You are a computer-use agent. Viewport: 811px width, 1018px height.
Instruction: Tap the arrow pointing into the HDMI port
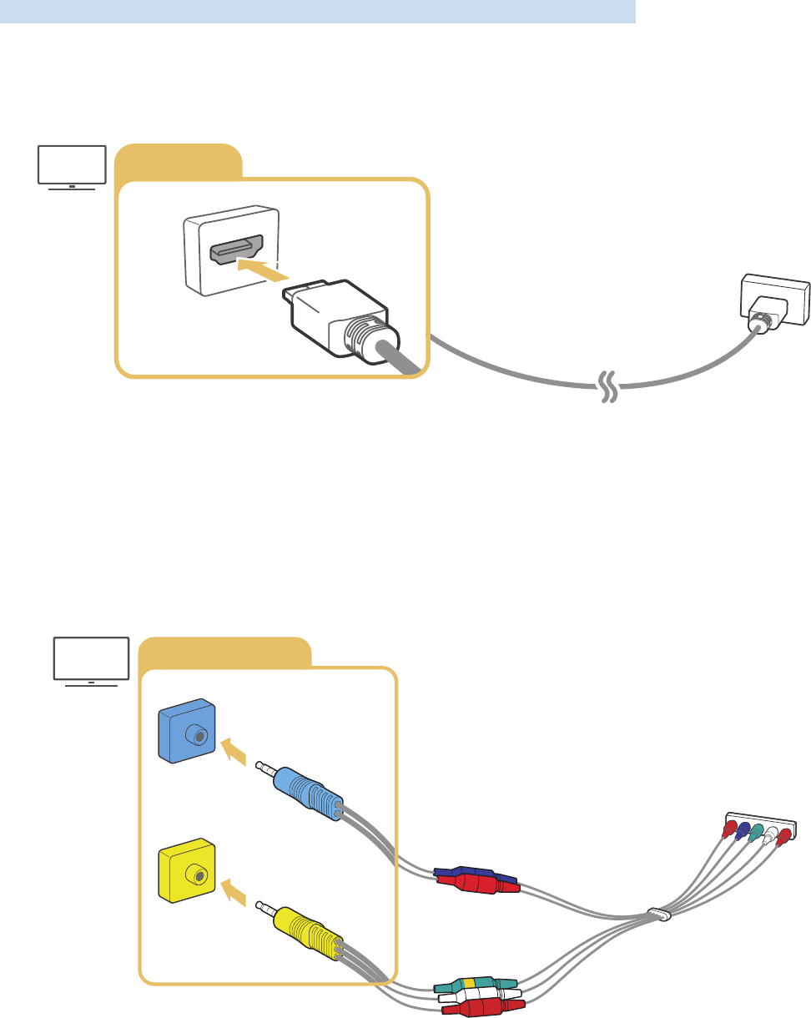tap(263, 269)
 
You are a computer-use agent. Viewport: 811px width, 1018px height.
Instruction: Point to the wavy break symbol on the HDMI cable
tap(609, 386)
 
